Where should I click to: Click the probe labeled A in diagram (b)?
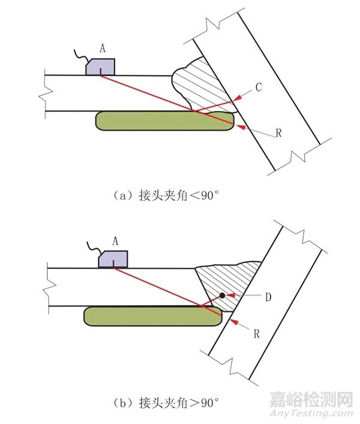pos(112,258)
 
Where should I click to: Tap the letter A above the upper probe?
pos(103,50)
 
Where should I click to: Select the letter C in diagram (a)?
pos(259,87)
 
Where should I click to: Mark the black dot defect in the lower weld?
pos(222,295)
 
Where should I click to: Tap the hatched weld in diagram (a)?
pos(201,84)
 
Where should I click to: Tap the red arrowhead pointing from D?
pos(229,295)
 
